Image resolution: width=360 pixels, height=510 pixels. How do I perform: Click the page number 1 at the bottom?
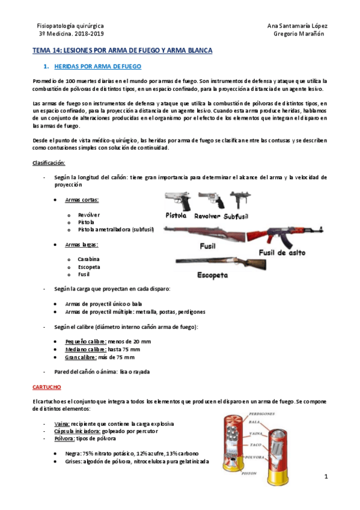click(326, 477)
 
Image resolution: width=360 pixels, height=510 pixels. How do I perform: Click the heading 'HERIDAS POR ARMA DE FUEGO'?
click(97, 66)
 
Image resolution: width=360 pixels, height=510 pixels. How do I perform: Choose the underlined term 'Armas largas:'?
click(82, 245)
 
